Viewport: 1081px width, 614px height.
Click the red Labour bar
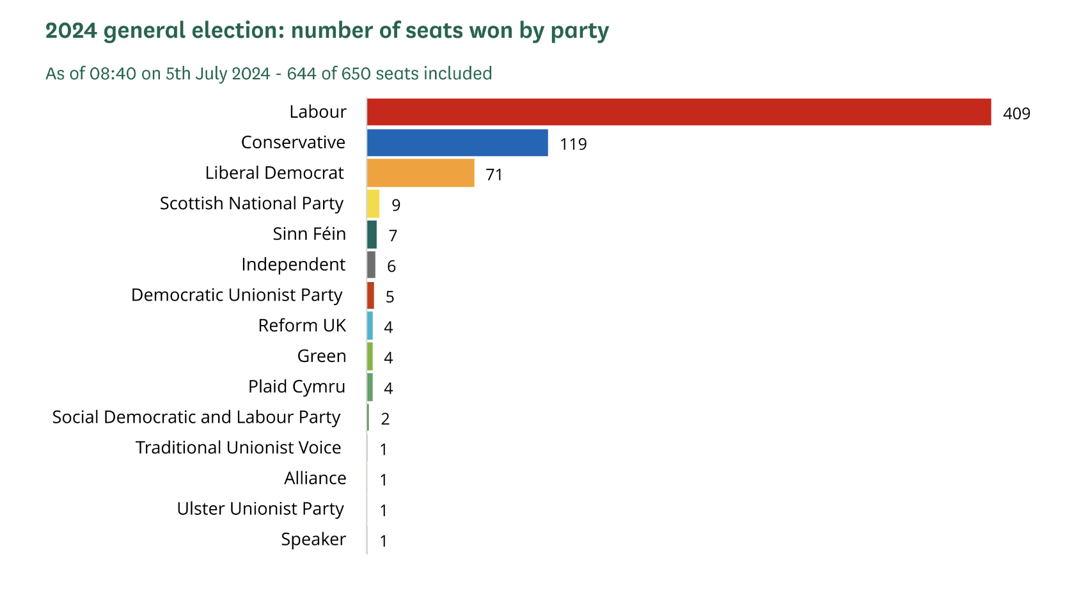678,112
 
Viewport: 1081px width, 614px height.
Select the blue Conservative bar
457,143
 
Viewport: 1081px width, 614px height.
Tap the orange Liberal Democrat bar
420,173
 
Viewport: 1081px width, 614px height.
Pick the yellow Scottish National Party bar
373,203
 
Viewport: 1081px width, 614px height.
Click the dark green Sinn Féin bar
372,234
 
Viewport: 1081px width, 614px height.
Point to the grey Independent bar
371,265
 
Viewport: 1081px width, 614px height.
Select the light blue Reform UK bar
370,326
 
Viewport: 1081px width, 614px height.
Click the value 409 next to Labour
1016,114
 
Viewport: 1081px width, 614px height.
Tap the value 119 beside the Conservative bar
573,145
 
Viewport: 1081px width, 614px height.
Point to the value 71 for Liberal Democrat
494,175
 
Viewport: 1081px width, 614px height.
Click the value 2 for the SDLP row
385,419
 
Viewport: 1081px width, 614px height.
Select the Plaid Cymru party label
296,387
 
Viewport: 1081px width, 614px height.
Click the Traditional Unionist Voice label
238,448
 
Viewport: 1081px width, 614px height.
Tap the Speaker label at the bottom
313,539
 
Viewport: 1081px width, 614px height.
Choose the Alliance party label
315,478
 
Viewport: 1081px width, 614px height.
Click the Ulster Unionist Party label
260,509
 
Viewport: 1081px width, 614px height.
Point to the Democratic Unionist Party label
237,295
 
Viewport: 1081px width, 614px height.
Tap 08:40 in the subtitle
113,74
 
